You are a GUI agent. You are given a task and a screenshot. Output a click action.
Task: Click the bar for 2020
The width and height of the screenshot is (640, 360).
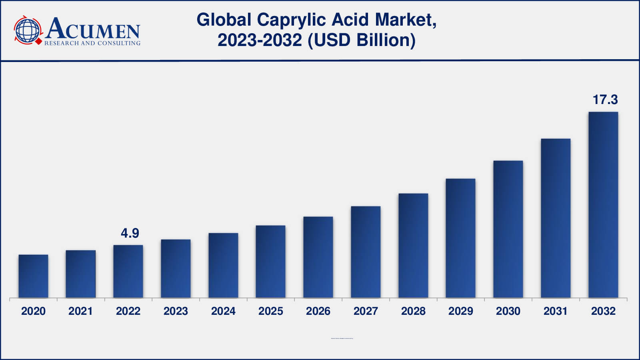click(33, 276)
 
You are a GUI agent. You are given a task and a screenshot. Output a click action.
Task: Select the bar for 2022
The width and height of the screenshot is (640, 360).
click(128, 271)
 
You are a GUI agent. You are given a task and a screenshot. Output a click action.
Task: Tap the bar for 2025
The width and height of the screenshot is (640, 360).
click(270, 262)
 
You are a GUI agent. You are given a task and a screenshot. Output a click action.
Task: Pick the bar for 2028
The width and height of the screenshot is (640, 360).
click(413, 246)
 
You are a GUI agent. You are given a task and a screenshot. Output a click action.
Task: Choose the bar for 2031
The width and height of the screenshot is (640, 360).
click(556, 218)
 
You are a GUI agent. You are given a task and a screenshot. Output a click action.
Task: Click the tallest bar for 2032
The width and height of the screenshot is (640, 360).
click(603, 205)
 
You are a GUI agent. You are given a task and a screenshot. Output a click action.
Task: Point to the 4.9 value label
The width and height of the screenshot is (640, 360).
click(130, 233)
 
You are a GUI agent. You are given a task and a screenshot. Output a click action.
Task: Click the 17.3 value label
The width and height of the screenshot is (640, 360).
click(605, 100)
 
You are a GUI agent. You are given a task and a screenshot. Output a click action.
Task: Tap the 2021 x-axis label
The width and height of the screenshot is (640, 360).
click(80, 311)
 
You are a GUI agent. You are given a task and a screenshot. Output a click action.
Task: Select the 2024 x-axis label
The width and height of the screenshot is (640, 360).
click(223, 311)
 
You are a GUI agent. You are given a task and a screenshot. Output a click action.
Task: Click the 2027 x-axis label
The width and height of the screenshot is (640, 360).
click(366, 311)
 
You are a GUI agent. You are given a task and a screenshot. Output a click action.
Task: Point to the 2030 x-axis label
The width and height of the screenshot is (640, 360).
click(508, 311)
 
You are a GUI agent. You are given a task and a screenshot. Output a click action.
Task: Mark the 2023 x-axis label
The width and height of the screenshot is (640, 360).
click(176, 311)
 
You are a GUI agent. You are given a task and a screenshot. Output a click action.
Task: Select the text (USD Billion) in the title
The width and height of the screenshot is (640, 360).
click(362, 40)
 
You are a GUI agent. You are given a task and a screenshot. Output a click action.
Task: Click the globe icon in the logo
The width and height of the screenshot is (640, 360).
click(28, 30)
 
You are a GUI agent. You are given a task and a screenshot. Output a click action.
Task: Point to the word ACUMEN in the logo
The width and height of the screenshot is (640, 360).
click(93, 29)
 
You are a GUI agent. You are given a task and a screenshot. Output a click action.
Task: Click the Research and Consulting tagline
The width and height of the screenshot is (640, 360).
click(92, 43)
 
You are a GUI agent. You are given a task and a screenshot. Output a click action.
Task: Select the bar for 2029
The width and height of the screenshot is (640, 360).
click(460, 238)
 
